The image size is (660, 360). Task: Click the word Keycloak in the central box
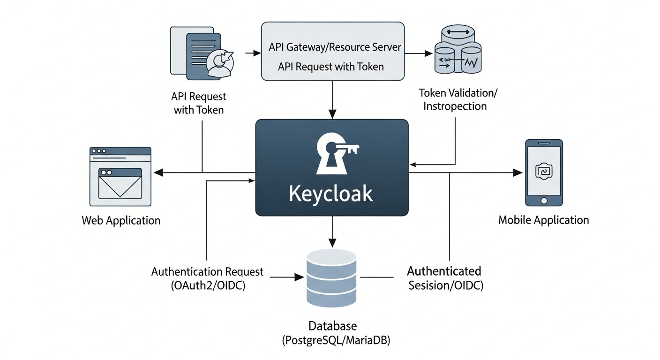coord(331,194)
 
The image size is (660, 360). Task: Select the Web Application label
coord(121,220)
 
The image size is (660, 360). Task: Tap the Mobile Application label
coord(543,220)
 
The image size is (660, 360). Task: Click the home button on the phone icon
coord(544,201)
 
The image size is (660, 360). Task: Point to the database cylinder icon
coord(331,277)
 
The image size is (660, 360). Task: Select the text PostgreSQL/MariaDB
coord(336,340)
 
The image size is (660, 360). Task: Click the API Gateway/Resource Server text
coord(335,47)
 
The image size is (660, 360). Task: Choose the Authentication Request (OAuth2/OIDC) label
coord(207,278)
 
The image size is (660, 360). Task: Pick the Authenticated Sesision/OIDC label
coord(445,278)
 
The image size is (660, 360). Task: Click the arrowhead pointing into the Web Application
coord(159,173)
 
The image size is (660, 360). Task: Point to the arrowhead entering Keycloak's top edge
coord(332,114)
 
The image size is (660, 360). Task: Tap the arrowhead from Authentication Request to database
coord(299,277)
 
